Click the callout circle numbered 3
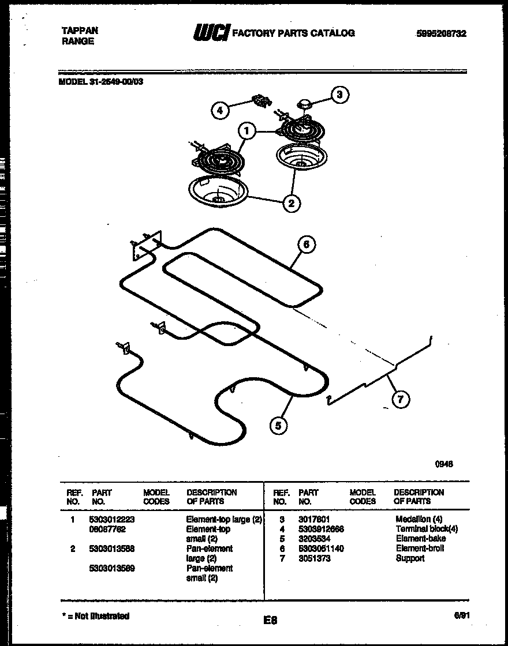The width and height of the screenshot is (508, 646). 340,95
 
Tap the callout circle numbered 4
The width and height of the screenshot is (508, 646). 219,110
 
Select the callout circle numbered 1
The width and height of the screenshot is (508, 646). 246,132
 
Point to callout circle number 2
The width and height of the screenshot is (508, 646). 292,202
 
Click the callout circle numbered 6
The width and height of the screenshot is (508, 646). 306,245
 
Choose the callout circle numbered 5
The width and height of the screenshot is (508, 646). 278,426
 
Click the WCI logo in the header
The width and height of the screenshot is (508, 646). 211,33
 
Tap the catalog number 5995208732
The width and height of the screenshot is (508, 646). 440,34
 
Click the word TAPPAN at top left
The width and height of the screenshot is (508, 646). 80,31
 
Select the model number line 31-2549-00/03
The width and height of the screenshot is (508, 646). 102,82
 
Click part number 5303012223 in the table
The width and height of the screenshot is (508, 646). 112,520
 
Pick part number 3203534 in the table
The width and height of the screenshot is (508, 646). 314,539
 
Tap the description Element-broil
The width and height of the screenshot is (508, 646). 420,549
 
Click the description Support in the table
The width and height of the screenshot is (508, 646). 410,558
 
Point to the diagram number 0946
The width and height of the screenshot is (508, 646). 443,463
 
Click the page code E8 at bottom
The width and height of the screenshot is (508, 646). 270,621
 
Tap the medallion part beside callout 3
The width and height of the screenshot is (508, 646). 304,103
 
